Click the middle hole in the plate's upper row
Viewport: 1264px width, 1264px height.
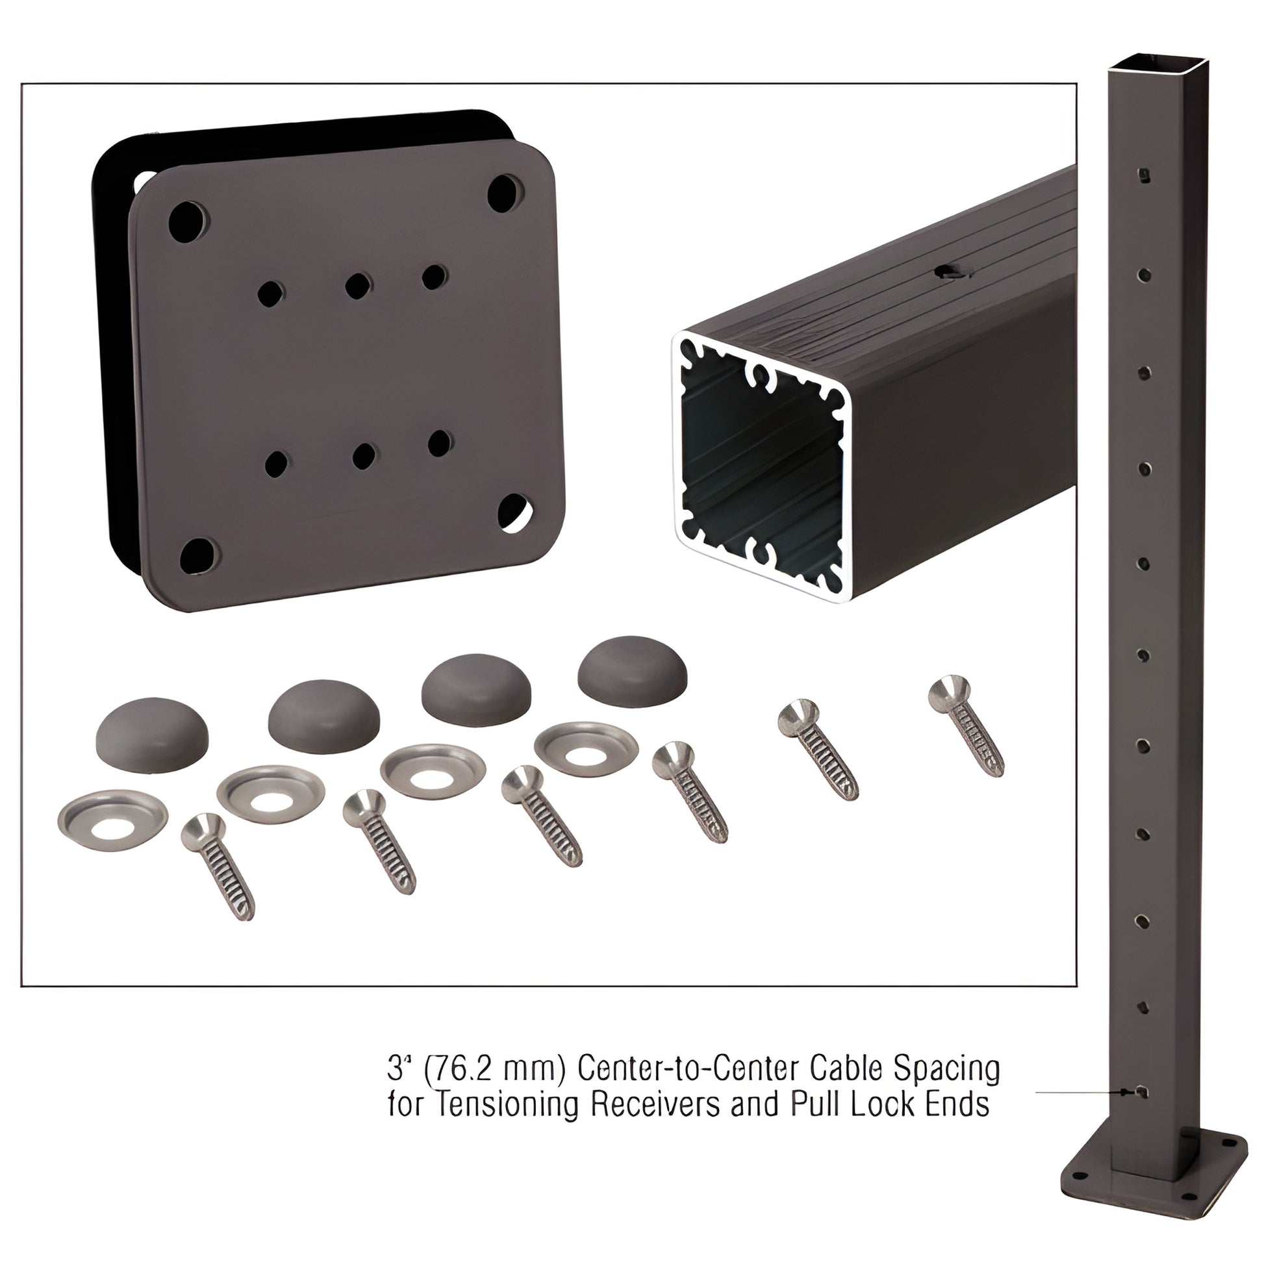(357, 285)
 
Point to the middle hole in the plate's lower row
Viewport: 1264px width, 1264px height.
(363, 455)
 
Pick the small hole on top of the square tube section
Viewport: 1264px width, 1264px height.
(950, 273)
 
